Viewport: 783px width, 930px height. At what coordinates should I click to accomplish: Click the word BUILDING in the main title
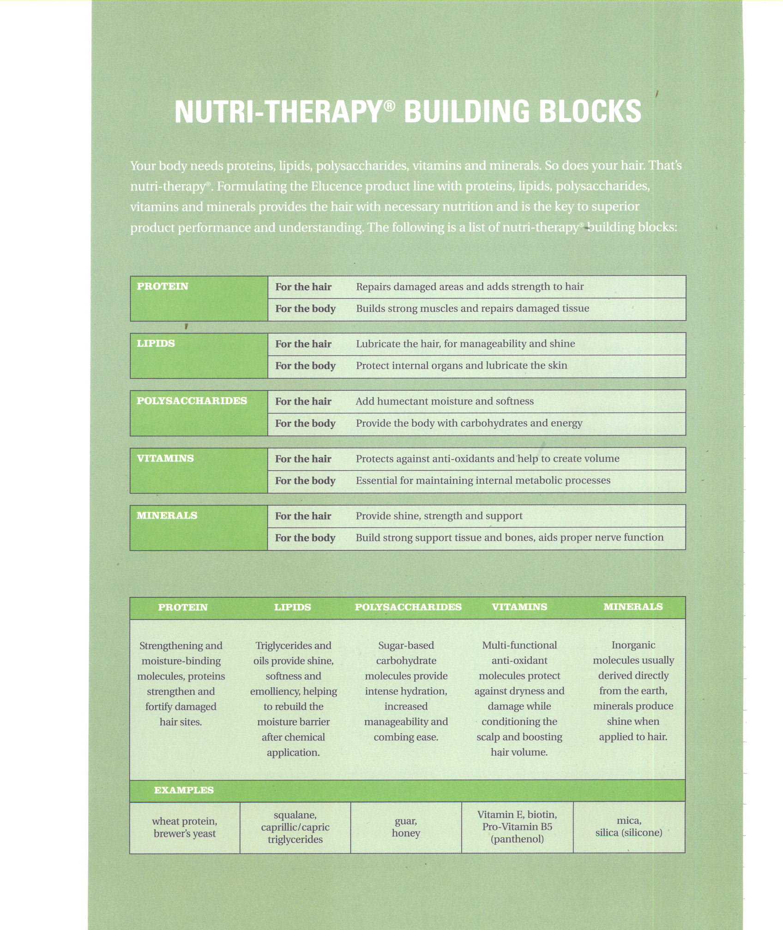pyautogui.click(x=467, y=112)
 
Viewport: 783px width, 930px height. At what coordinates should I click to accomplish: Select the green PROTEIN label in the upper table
pyautogui.click(x=163, y=286)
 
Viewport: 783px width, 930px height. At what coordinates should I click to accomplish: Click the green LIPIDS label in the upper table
pyautogui.click(x=156, y=344)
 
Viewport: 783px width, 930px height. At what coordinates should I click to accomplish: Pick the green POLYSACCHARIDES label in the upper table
pyautogui.click(x=192, y=401)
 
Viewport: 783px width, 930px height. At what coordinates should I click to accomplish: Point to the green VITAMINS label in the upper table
pyautogui.click(x=165, y=459)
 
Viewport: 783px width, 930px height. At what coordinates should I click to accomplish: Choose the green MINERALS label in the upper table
pyautogui.click(x=167, y=516)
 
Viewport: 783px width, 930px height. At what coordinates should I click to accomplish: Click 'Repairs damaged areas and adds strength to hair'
pyautogui.click(x=470, y=287)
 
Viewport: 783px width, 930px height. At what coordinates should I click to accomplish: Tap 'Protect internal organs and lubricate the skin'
pyautogui.click(x=462, y=366)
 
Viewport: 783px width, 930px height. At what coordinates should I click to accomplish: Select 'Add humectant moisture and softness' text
pyautogui.click(x=445, y=401)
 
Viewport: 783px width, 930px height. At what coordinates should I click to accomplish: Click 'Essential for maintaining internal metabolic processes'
pyautogui.click(x=483, y=481)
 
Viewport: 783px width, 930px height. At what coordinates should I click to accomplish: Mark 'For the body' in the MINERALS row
pyautogui.click(x=305, y=538)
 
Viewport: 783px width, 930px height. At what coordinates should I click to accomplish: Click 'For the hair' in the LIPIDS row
pyautogui.click(x=303, y=344)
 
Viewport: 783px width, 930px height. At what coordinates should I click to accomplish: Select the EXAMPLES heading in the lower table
pyautogui.click(x=184, y=790)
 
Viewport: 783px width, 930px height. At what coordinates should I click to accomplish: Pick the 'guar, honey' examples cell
pyautogui.click(x=406, y=827)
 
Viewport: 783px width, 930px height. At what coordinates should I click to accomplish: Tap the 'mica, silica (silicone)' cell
pyautogui.click(x=629, y=827)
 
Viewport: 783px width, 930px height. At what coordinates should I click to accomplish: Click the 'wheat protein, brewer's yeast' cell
pyautogui.click(x=185, y=828)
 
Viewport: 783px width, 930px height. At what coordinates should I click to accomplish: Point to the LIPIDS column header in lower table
pyautogui.click(x=293, y=608)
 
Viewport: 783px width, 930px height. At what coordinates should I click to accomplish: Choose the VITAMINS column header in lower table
pyautogui.click(x=519, y=607)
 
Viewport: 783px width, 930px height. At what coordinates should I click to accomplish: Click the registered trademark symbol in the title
pyautogui.click(x=390, y=106)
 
